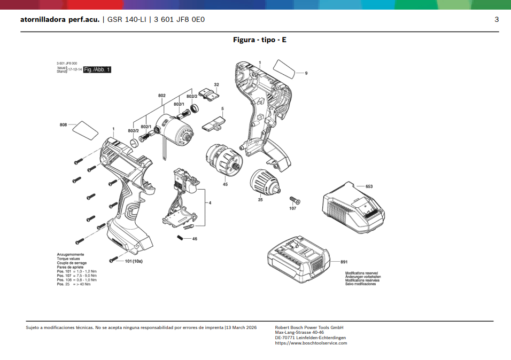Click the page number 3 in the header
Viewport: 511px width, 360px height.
497,20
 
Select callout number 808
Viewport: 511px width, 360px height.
63,125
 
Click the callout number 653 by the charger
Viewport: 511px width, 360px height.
369,186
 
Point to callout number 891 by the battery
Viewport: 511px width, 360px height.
344,262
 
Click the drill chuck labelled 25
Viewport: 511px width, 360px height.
265,182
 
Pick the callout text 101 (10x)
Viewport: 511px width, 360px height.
134,261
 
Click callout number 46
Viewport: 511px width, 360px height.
195,239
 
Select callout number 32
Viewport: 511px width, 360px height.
216,85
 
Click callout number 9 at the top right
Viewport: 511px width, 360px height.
306,73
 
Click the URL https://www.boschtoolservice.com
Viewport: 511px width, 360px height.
311,343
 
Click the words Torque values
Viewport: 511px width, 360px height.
68,259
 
